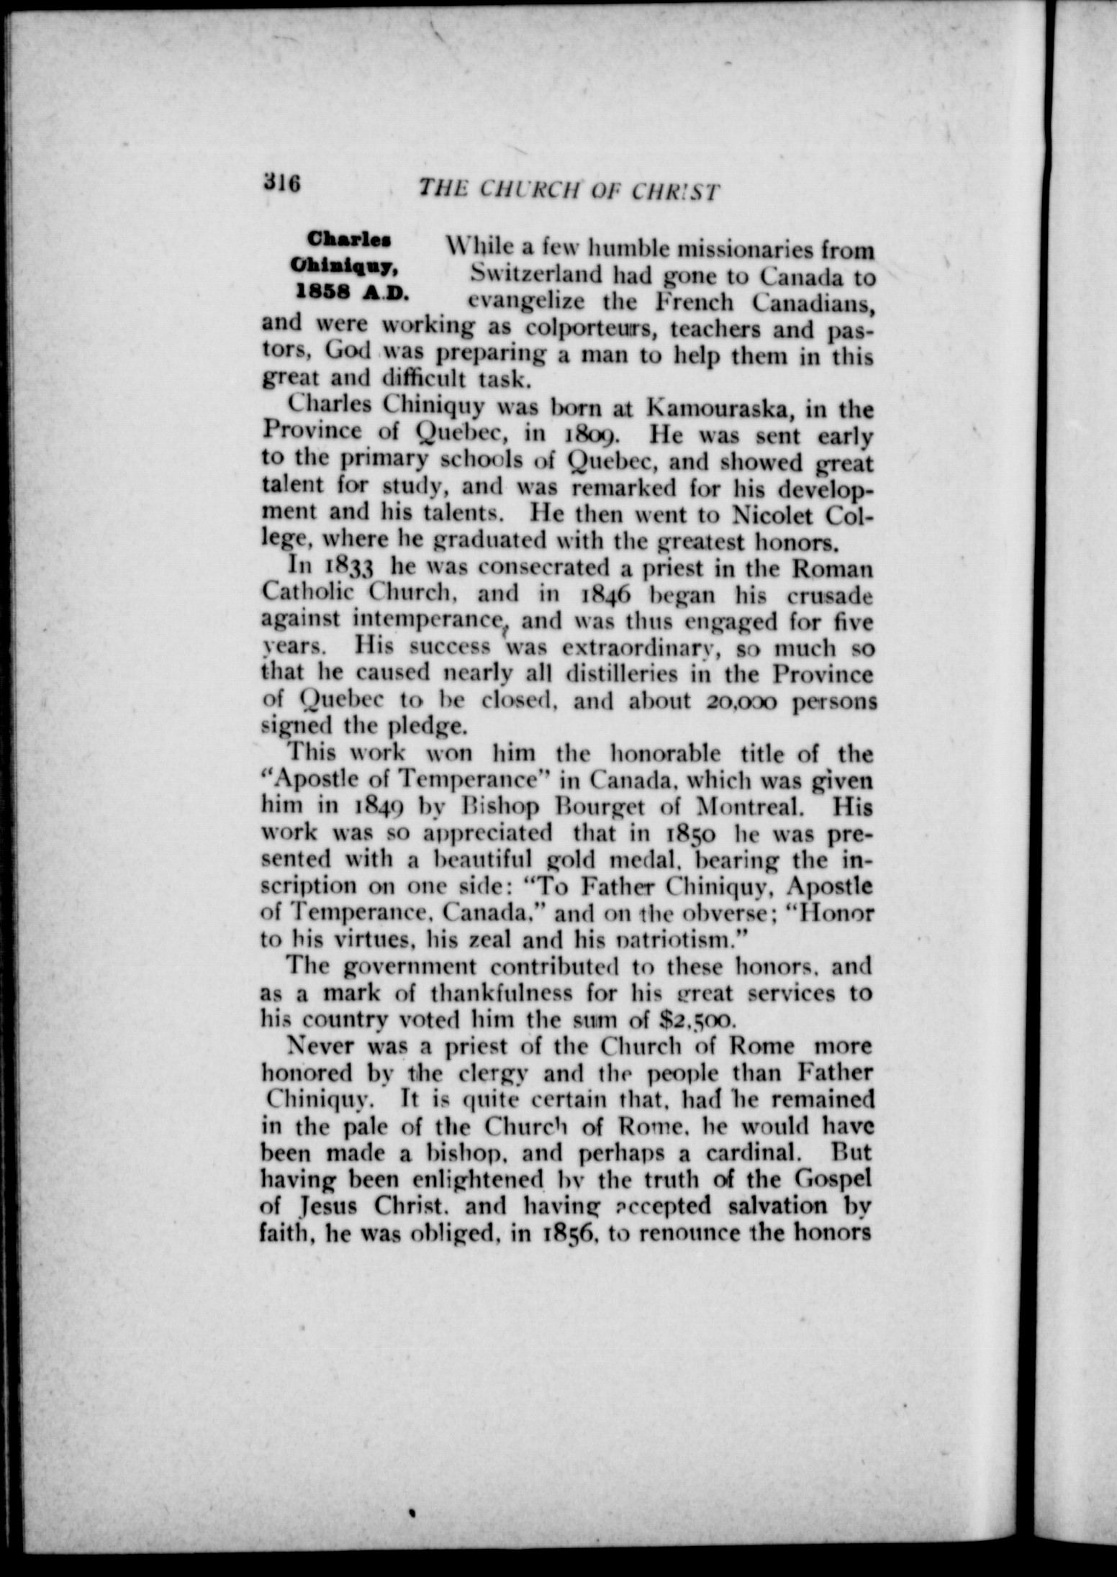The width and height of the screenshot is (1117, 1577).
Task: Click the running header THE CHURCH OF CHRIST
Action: [x=569, y=191]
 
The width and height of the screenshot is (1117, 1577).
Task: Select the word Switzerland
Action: [x=536, y=276]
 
